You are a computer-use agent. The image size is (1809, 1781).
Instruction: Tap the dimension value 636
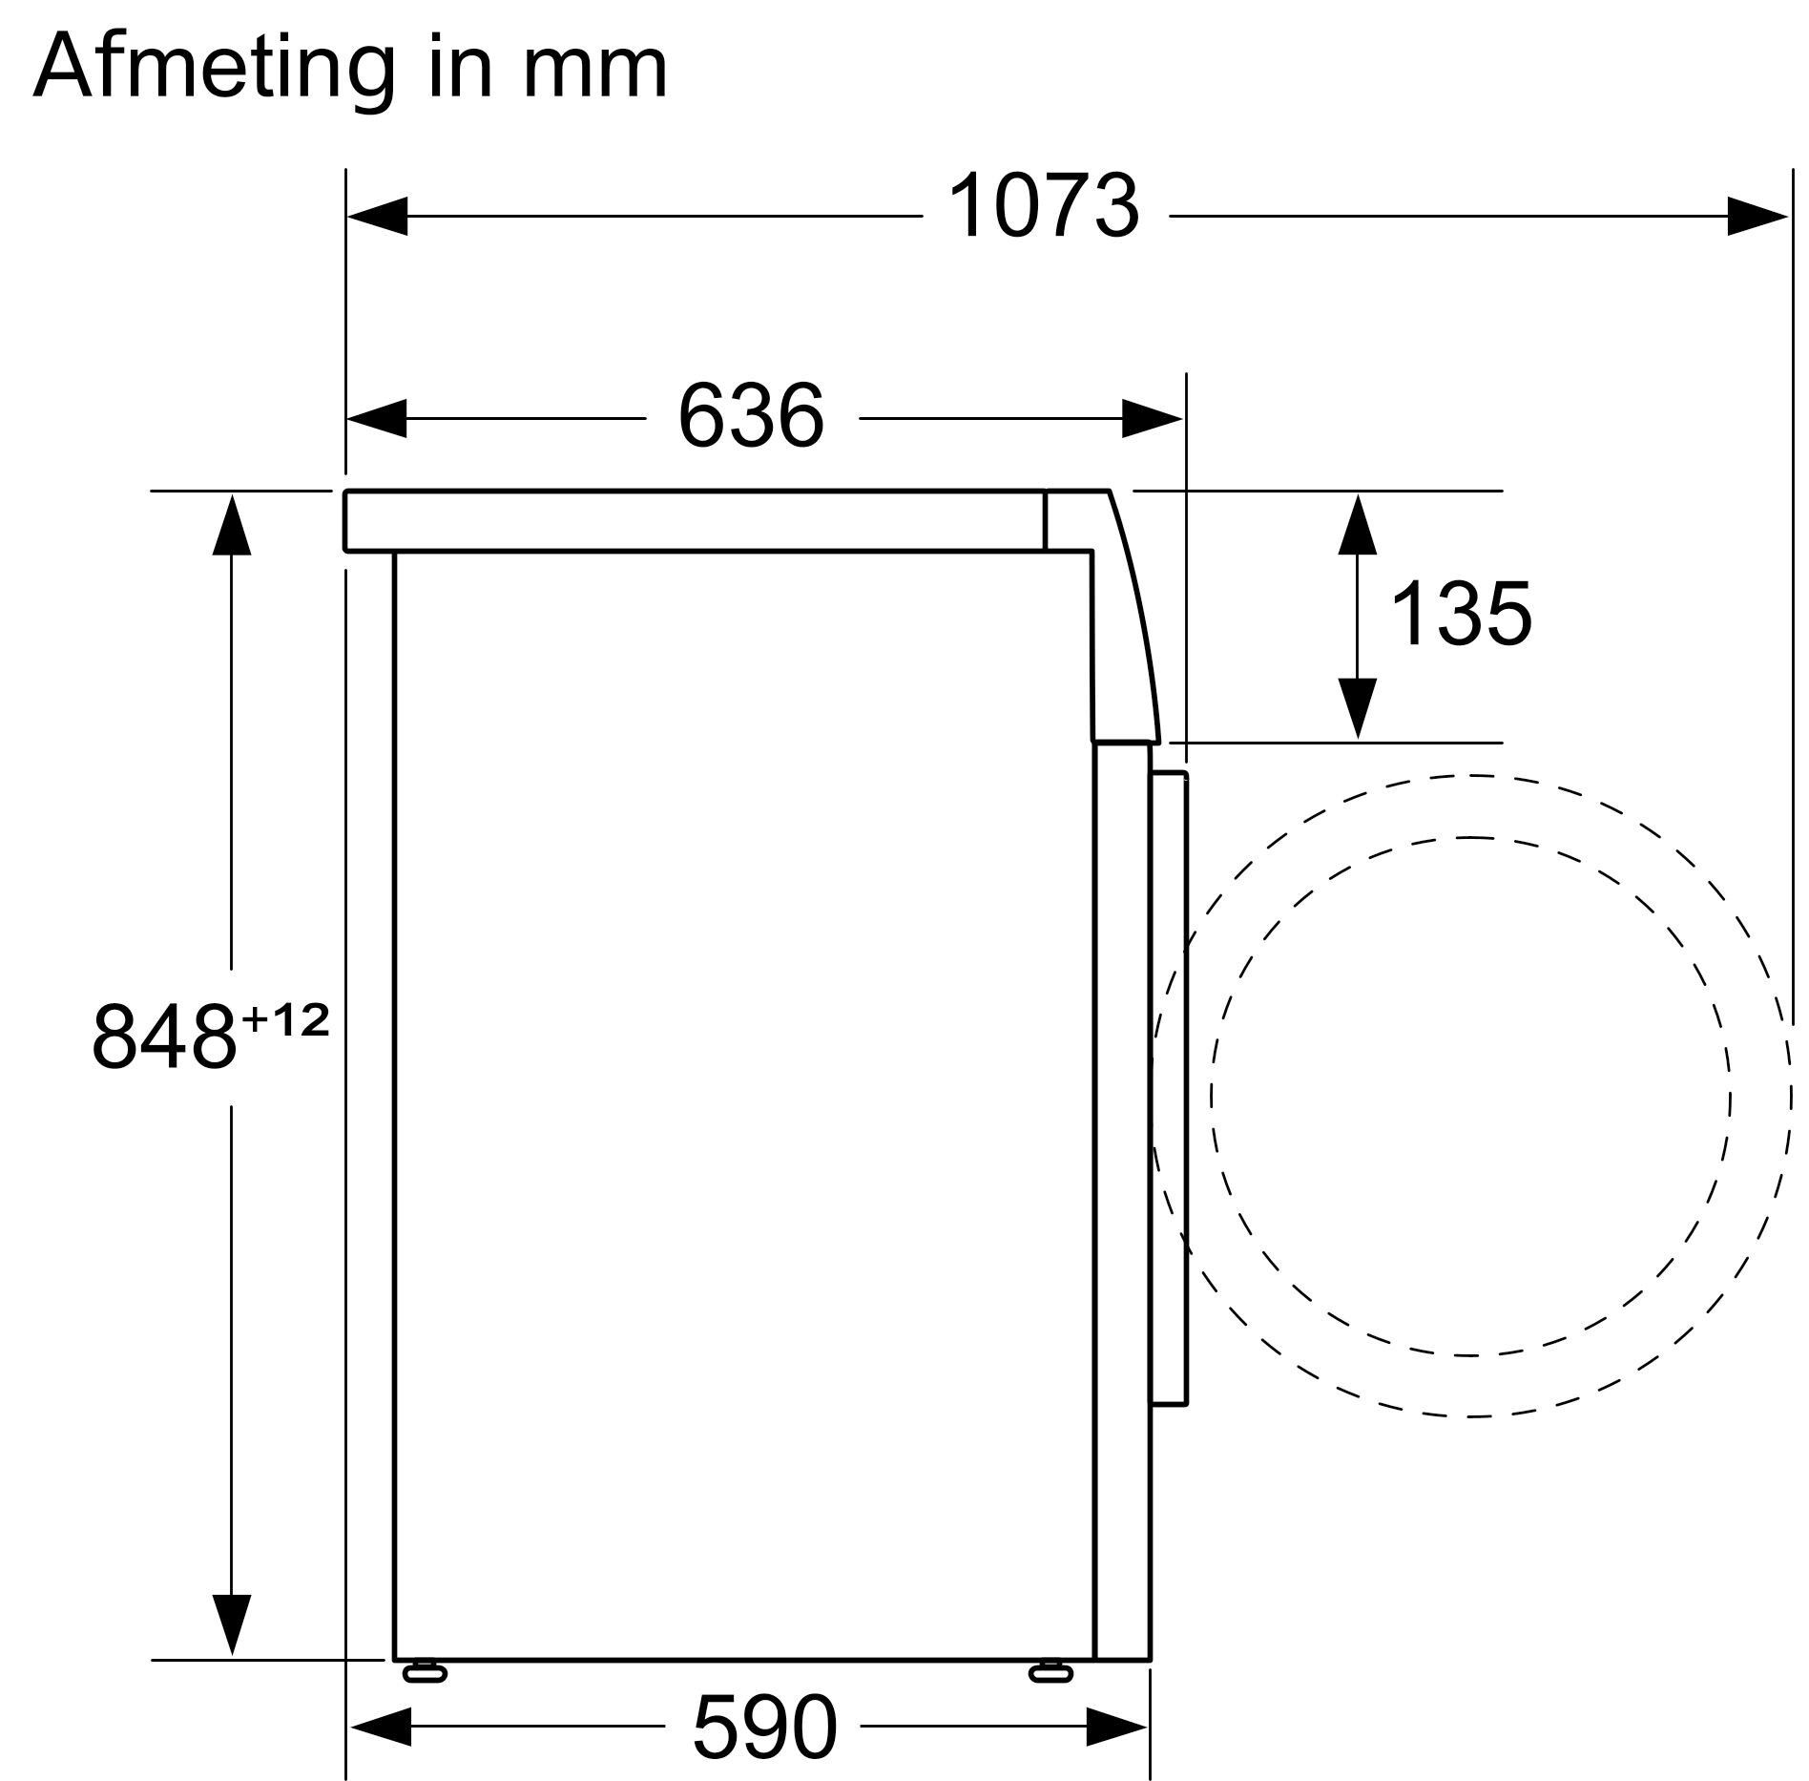[x=751, y=417]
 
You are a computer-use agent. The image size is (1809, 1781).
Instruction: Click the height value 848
[x=164, y=1037]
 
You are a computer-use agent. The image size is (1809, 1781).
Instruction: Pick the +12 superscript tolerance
[x=285, y=1022]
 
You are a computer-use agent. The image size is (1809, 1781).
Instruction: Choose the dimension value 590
[x=764, y=1727]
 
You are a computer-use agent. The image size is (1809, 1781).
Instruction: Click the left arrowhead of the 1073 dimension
[x=377, y=217]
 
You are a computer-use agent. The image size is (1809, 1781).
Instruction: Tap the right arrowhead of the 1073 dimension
[x=1757, y=217]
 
